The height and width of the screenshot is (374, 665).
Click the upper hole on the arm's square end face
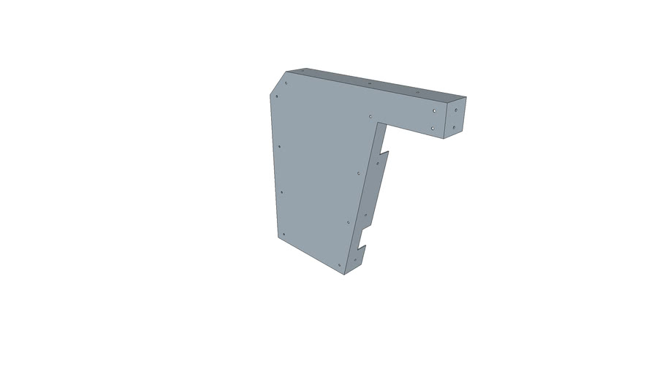(x=456, y=111)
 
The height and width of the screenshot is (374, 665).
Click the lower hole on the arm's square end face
(x=455, y=128)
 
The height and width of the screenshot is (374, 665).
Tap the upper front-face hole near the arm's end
(x=435, y=110)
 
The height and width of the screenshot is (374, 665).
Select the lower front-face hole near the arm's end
(x=433, y=128)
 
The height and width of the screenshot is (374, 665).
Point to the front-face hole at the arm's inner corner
(x=371, y=116)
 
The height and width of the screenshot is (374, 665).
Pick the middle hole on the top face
(x=370, y=84)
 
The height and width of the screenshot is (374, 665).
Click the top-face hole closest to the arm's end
(x=417, y=93)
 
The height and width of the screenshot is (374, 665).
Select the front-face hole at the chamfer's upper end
(x=286, y=83)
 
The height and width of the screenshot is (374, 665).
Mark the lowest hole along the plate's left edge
(x=283, y=234)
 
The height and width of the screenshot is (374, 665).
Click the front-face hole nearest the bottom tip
(x=340, y=264)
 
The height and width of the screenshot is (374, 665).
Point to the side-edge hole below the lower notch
(x=356, y=259)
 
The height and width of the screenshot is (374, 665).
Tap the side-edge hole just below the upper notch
(x=378, y=163)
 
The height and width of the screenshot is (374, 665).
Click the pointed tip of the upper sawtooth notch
(x=389, y=152)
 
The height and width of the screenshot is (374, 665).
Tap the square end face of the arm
(x=455, y=118)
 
